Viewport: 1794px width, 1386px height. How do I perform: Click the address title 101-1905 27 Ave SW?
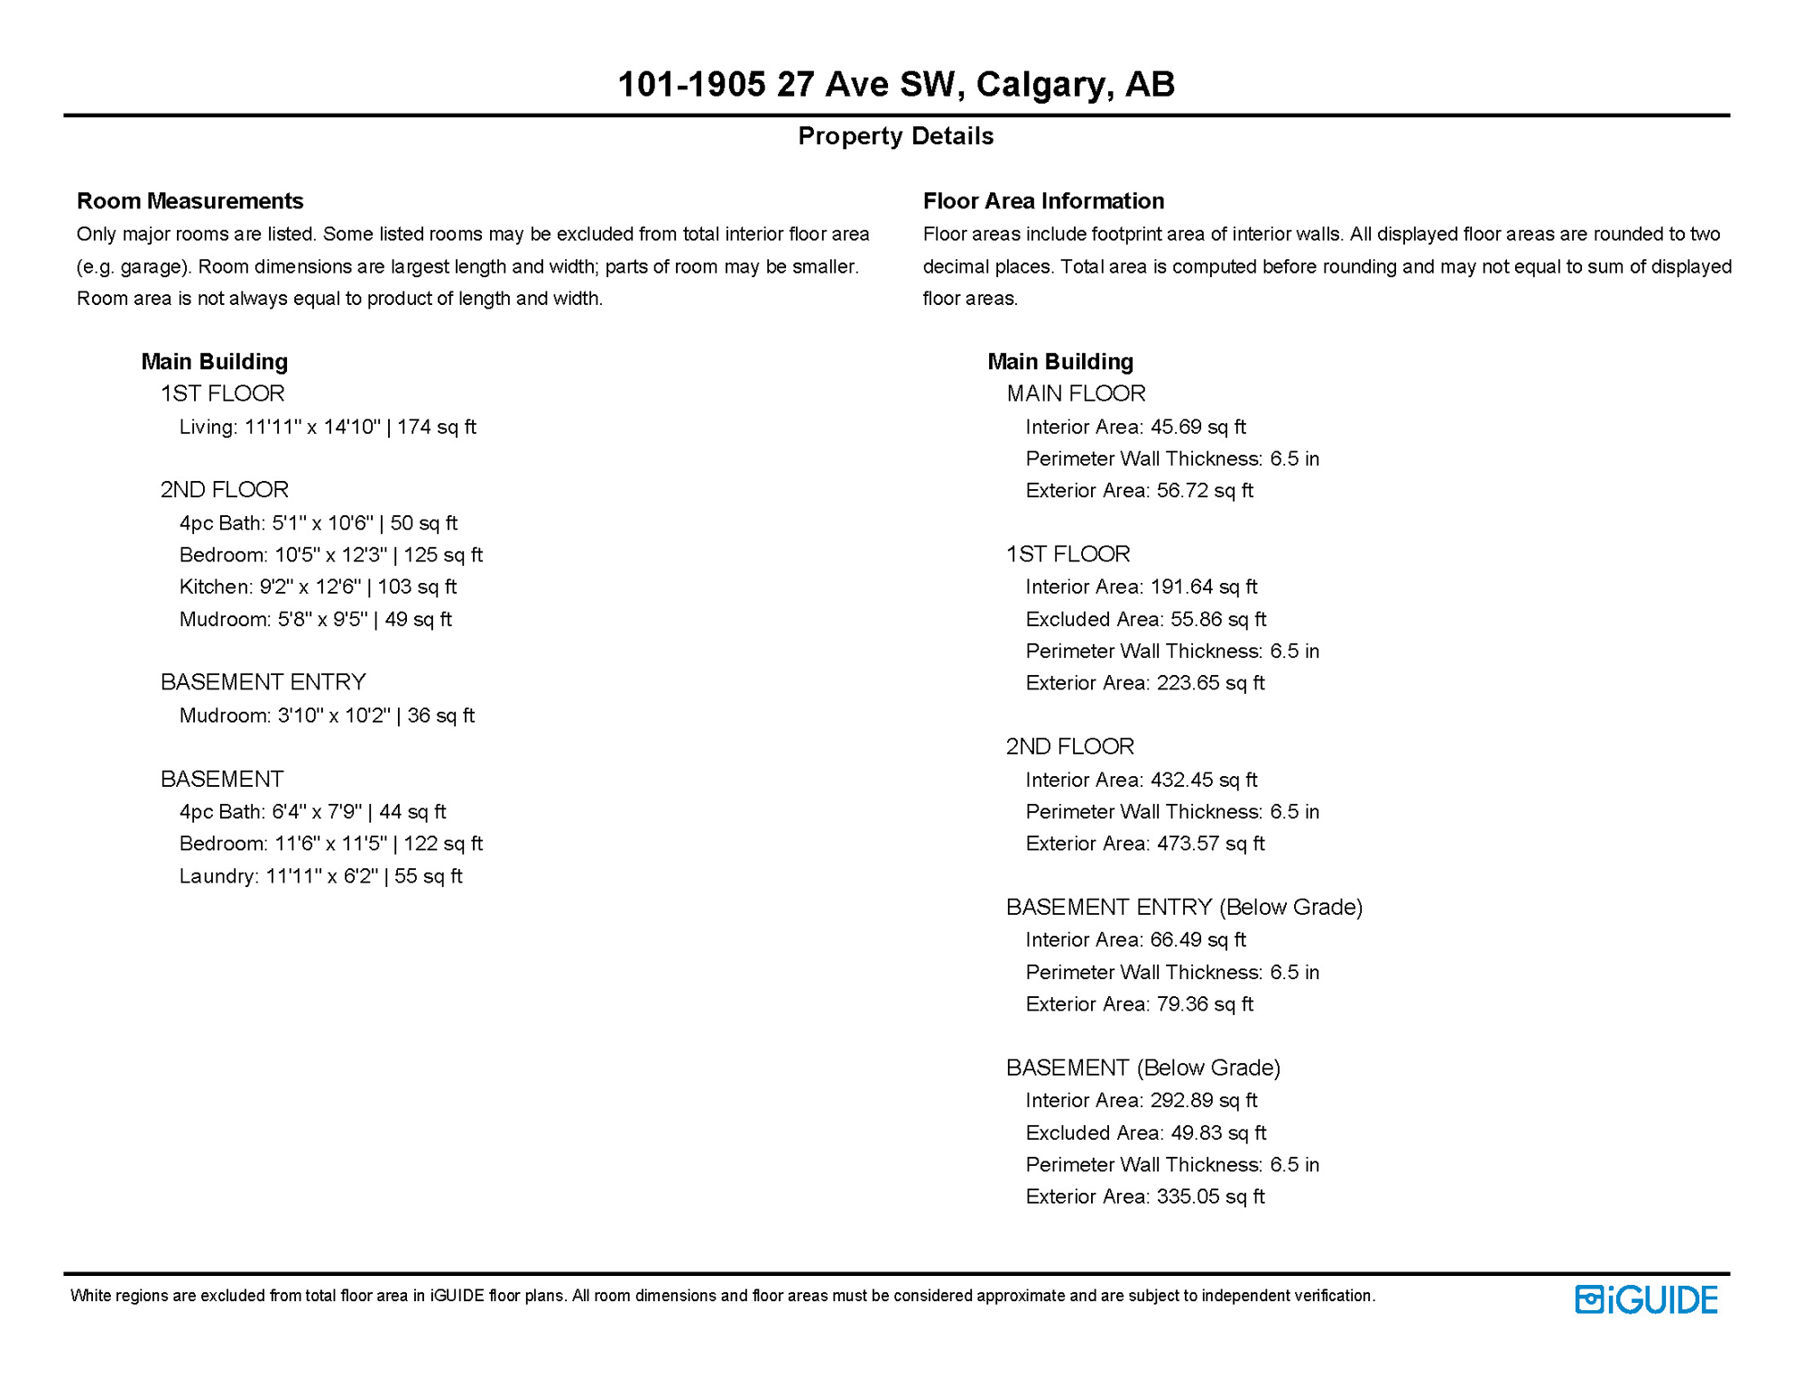[895, 84]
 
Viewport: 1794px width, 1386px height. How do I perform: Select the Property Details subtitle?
[895, 136]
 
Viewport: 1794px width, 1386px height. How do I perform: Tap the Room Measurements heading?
[190, 200]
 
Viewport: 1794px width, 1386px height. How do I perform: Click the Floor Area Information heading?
[1043, 200]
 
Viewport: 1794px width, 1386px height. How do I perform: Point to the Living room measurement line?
[327, 427]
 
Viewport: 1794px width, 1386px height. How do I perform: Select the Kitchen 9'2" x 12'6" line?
[318, 587]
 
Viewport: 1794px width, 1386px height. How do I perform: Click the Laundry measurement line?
[320, 876]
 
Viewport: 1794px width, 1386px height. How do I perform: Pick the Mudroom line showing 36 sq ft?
[327, 716]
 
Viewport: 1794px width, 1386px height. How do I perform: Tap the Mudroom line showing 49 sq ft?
[315, 619]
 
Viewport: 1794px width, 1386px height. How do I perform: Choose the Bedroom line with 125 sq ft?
[330, 555]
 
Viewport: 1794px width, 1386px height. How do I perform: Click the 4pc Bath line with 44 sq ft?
[312, 811]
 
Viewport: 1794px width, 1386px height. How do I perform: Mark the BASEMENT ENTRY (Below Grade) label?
[1184, 907]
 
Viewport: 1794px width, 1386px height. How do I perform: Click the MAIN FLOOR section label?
[1076, 393]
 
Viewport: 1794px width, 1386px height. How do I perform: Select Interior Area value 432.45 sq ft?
[1141, 780]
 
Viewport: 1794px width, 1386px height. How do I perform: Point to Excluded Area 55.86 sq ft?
[1145, 619]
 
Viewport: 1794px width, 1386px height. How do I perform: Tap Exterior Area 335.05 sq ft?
[1144, 1197]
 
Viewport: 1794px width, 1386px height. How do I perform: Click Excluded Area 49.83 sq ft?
[1145, 1132]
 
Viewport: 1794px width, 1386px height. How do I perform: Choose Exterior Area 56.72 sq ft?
[1139, 491]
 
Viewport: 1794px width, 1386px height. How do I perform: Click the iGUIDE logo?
[1646, 1299]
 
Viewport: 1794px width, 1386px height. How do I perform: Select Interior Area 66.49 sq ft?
[1135, 940]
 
